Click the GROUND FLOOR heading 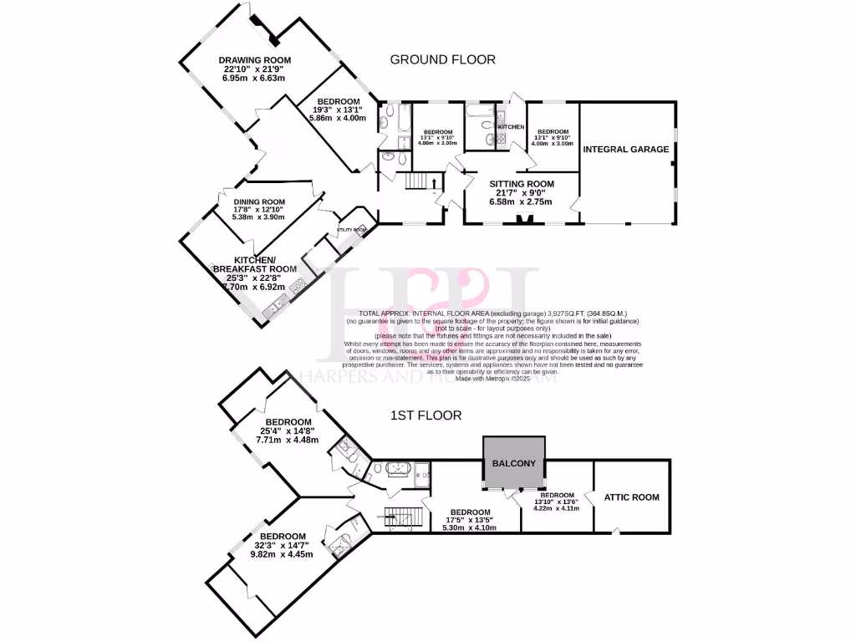pyautogui.click(x=443, y=59)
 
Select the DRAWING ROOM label pyautogui.click(x=254, y=60)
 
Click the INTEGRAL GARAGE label pyautogui.click(x=626, y=150)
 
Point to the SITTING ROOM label pyautogui.click(x=522, y=184)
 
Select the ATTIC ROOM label pyautogui.click(x=631, y=497)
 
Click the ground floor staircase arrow pyautogui.click(x=435, y=181)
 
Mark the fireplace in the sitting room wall pyautogui.click(x=525, y=221)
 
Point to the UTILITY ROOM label pyautogui.click(x=351, y=229)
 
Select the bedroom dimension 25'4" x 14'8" pyautogui.click(x=288, y=431)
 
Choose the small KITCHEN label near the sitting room pyautogui.click(x=511, y=127)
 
